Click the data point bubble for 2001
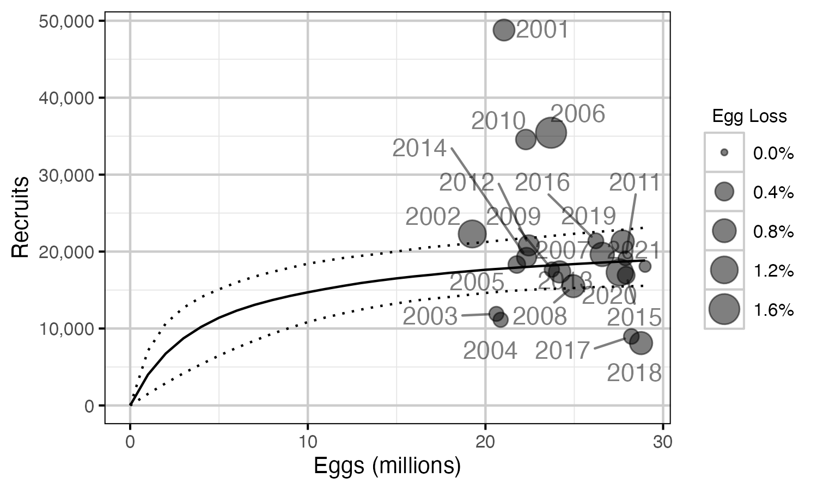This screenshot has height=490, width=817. [504, 30]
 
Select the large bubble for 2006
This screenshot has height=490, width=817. [551, 132]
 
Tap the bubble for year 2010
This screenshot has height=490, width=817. [526, 139]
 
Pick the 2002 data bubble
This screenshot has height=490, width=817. [472, 234]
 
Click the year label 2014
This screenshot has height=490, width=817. [419, 148]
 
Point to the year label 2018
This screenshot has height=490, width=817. [634, 373]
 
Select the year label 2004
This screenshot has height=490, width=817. [490, 351]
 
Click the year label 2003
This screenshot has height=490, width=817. [430, 316]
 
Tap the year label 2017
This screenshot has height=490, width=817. [562, 351]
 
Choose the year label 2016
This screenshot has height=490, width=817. [542, 183]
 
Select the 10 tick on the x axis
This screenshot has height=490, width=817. [308, 442]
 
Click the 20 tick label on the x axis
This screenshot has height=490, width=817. [485, 442]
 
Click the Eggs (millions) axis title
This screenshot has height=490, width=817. [387, 467]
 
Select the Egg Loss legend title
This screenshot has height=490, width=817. [749, 116]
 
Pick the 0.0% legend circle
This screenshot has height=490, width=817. [724, 152]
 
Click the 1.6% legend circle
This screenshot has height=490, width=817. [724, 309]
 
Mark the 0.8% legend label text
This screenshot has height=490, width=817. [773, 231]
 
